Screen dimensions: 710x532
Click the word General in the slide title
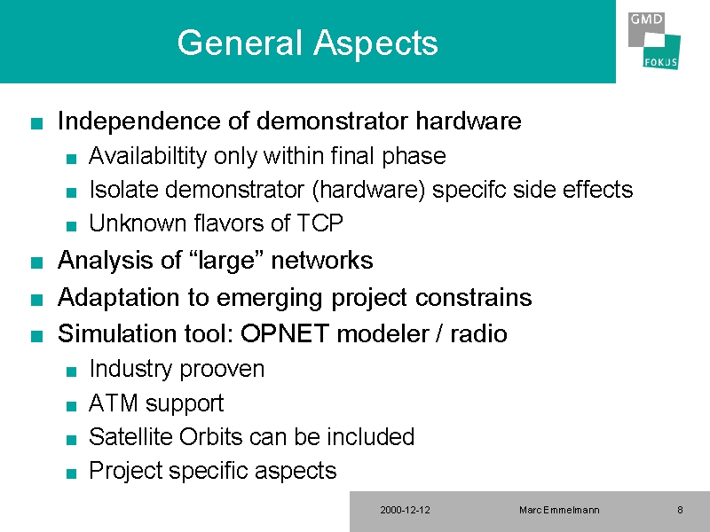pos(240,42)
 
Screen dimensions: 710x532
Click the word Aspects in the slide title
pos(375,43)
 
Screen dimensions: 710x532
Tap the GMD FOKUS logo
pos(654,40)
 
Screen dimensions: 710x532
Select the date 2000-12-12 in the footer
pos(405,510)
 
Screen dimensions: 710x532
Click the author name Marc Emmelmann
pos(559,510)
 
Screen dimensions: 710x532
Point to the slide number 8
pos(680,510)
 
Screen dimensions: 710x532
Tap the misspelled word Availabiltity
pos(148,157)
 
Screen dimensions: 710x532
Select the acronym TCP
pos(319,223)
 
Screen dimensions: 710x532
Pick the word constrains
pos(473,298)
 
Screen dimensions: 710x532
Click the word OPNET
pos(284,334)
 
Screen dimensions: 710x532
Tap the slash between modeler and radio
pos(438,334)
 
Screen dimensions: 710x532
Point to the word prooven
pos(222,370)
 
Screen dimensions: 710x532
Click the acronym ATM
pos(114,403)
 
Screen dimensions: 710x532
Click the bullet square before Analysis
pos(36,262)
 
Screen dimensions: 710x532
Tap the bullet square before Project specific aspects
pos(71,473)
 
